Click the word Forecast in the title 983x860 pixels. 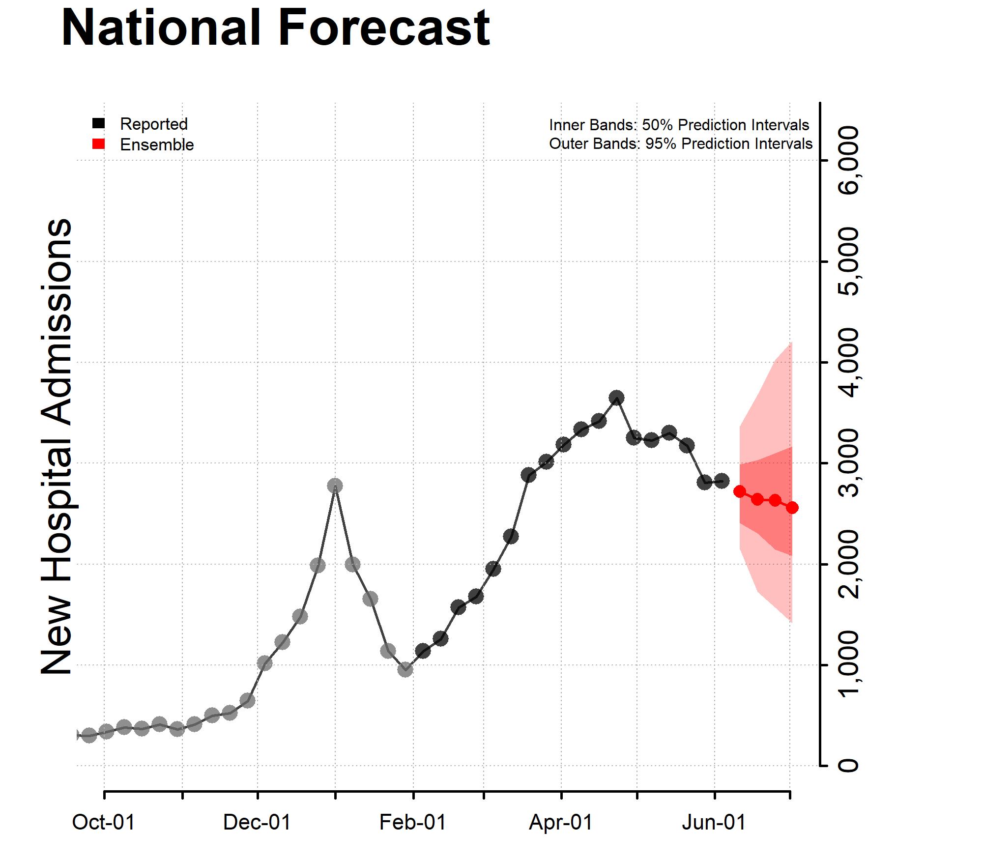tap(384, 28)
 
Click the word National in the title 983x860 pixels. tap(161, 28)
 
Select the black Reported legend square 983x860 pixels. tap(98, 123)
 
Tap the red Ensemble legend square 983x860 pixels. tap(98, 144)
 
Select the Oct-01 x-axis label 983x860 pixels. tap(104, 823)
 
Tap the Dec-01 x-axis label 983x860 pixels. tap(257, 823)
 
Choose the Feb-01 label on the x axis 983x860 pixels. tap(413, 823)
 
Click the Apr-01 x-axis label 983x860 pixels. tap(561, 823)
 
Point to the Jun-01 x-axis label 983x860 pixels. tap(714, 823)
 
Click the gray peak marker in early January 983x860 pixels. tap(335, 486)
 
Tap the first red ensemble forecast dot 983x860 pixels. tap(740, 491)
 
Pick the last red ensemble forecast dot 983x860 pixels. tap(792, 508)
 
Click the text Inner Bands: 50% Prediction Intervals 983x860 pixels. tap(679, 125)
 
